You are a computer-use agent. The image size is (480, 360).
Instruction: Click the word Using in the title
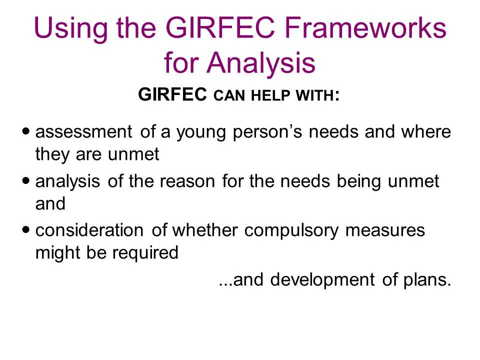pyautogui.click(x=70, y=28)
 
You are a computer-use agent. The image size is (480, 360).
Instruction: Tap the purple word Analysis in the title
pyautogui.click(x=261, y=62)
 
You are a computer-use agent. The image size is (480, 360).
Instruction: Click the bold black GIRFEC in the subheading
pyautogui.click(x=172, y=94)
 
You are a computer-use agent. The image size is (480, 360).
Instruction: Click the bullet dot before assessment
pyautogui.click(x=26, y=131)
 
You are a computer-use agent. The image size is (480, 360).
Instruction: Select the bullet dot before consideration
pyautogui.click(x=26, y=229)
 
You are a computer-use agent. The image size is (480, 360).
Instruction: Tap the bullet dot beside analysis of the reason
pyautogui.click(x=26, y=180)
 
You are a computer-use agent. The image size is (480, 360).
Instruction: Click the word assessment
pyautogui.click(x=84, y=131)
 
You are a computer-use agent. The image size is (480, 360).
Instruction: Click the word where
pyautogui.click(x=426, y=131)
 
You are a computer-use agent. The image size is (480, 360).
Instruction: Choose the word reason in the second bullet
pyautogui.click(x=187, y=181)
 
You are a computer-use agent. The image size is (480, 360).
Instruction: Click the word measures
pyautogui.click(x=385, y=230)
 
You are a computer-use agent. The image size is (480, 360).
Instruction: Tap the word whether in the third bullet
pyautogui.click(x=205, y=230)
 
